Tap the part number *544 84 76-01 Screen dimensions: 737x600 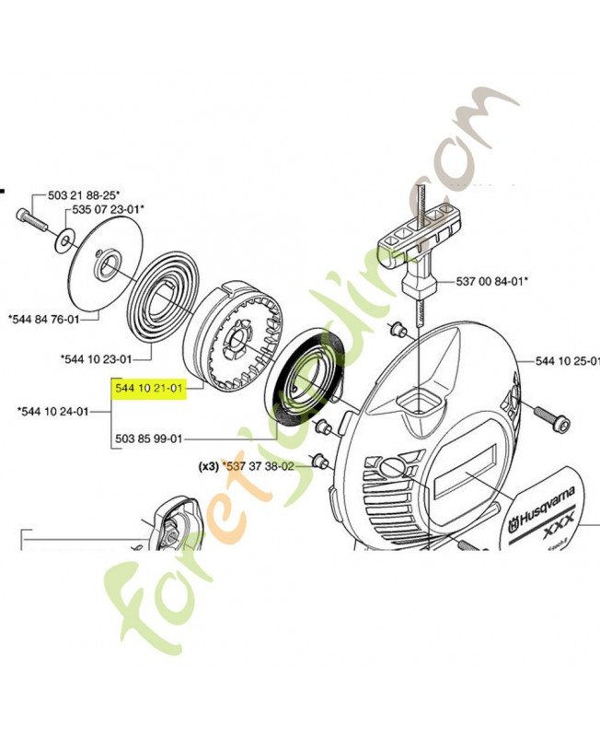[x=42, y=319]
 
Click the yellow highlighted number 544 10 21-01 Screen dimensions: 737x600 [x=148, y=391]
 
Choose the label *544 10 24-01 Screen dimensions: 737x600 [x=53, y=412]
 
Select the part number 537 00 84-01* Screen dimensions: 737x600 [x=498, y=281]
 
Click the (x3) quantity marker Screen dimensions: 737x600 [x=207, y=467]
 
